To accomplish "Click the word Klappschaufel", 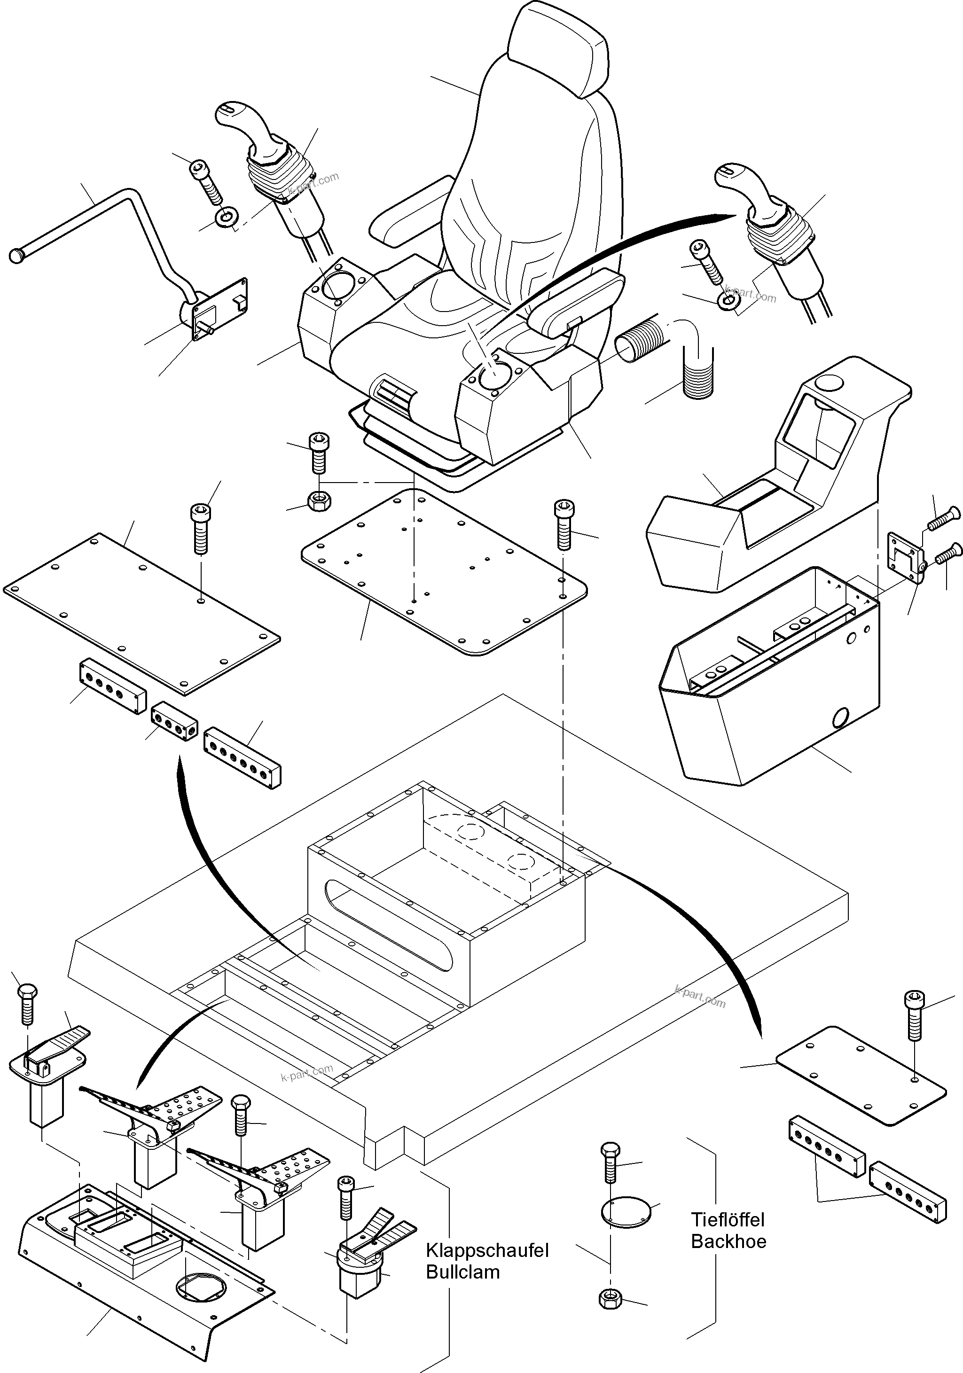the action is point(487,1250).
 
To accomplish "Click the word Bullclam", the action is point(462,1272).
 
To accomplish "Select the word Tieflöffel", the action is point(728,1219).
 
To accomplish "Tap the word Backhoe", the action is point(728,1241).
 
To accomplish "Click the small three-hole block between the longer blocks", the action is point(174,722).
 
